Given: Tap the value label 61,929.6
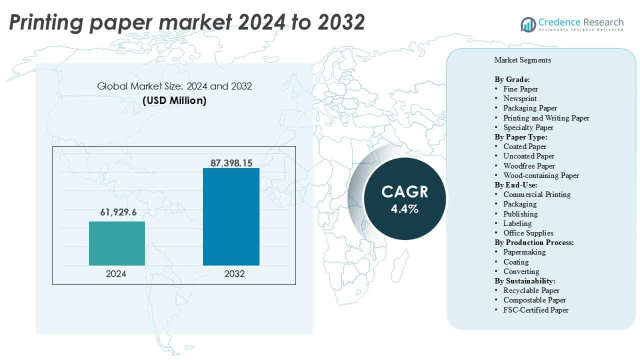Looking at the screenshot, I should click(x=117, y=212).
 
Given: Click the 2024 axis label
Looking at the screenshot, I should click(x=116, y=274).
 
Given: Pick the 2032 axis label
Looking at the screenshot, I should click(x=231, y=274).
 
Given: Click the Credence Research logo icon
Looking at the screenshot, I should click(x=528, y=24).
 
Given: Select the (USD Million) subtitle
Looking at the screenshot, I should click(x=174, y=100).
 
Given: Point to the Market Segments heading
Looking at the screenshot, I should click(x=522, y=60).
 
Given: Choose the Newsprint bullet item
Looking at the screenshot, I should click(x=520, y=98).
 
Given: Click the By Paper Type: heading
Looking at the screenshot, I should click(x=521, y=137).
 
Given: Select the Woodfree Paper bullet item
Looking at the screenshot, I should click(x=529, y=165).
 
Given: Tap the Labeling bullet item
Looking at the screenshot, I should click(x=517, y=223).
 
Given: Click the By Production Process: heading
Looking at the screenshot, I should click(x=534, y=242).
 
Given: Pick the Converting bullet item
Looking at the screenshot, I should click(x=521, y=271).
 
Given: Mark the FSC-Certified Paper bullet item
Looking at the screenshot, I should click(x=535, y=310).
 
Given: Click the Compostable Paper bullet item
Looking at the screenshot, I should click(x=534, y=300).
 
